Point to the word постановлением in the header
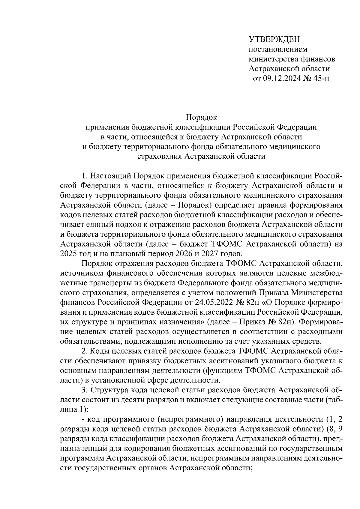click(x=278, y=49)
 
